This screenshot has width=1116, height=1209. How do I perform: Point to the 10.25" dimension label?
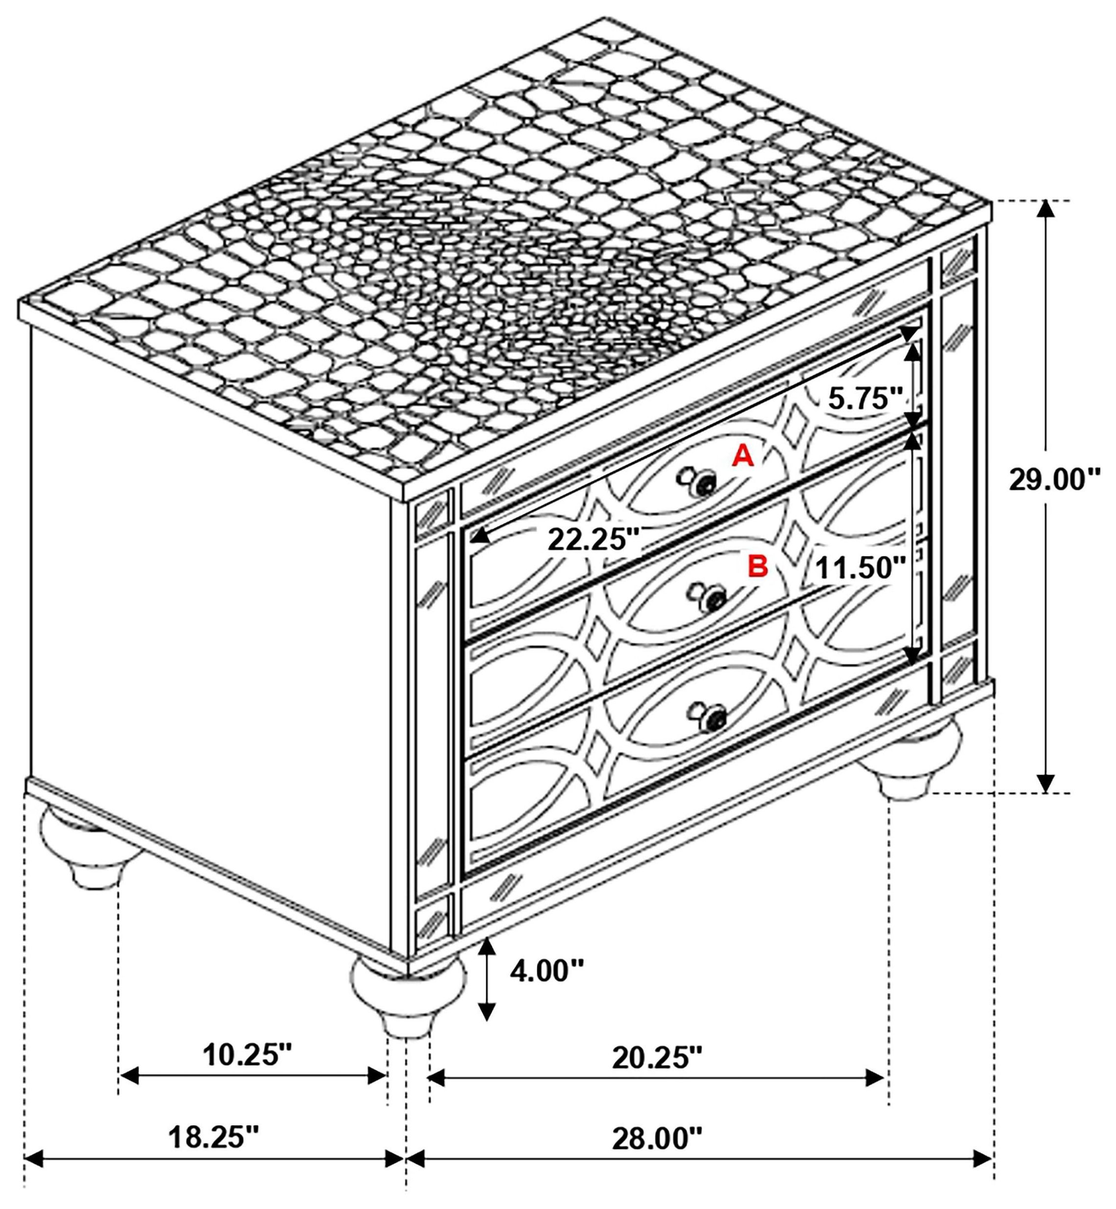coord(247,1055)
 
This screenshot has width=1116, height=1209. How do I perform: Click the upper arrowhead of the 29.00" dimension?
coord(1046,209)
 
